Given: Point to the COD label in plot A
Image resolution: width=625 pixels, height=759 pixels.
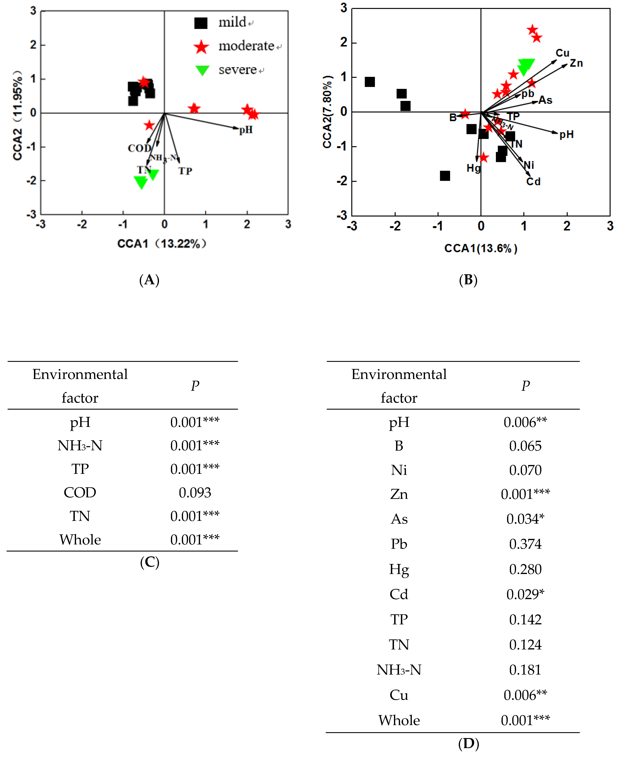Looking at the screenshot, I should pos(139,148).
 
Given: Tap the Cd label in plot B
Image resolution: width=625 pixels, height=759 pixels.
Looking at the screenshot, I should pos(533,182).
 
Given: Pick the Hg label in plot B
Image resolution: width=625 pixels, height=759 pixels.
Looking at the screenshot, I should pos(473,168).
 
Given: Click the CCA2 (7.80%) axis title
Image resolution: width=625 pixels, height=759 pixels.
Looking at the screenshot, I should pos(327,111).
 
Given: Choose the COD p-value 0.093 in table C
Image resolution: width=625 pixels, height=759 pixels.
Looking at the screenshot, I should pos(195,493).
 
